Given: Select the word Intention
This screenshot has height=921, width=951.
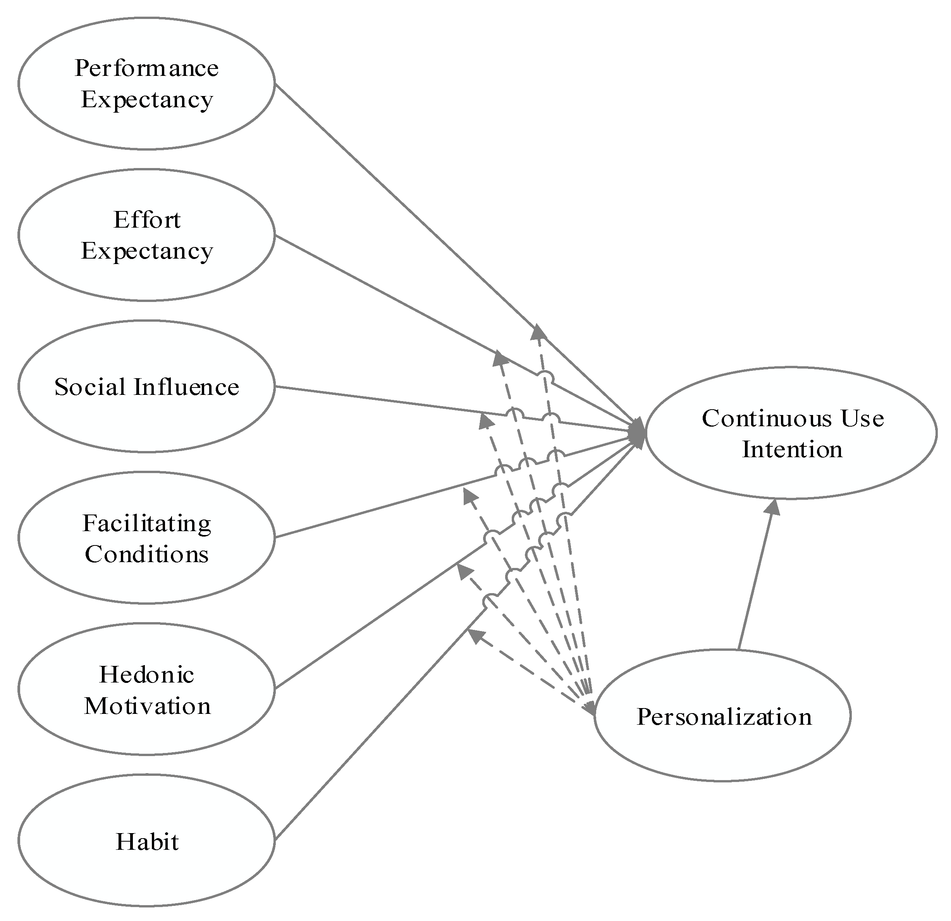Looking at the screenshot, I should tap(792, 449).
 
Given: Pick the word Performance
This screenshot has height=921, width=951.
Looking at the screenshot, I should tap(146, 68).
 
